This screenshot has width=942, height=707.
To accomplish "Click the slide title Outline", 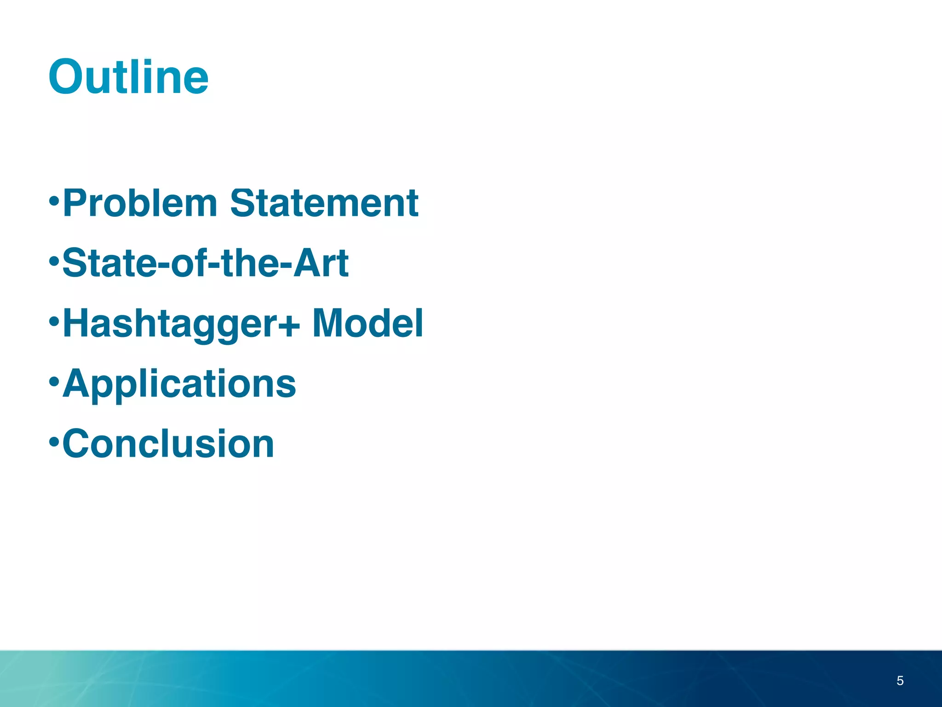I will coord(128,77).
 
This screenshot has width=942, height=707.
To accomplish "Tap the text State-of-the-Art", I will coord(205,263).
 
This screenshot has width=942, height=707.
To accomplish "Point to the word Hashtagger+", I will coord(181,324).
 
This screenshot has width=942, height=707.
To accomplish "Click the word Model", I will coord(368,323).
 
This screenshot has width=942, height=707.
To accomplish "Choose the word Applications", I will coord(179,384).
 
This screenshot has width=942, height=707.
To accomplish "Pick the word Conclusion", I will coord(168,444).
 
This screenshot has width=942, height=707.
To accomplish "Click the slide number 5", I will coord(900,680).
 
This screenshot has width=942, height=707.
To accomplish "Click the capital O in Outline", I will coord(68,77).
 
